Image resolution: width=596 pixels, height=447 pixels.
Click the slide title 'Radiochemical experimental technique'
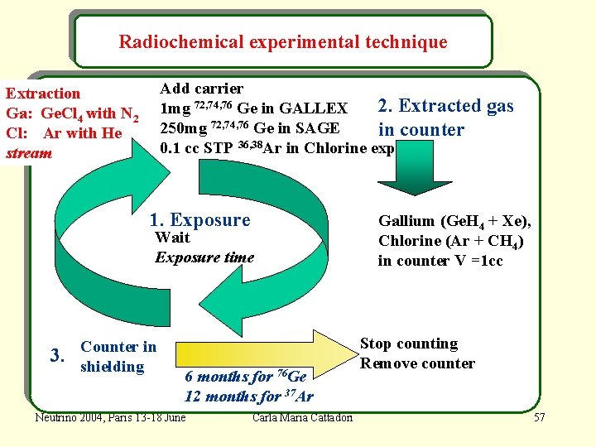click(x=283, y=41)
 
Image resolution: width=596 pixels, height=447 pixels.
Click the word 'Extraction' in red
click(x=43, y=94)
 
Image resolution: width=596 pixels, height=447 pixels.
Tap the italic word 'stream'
click(x=29, y=153)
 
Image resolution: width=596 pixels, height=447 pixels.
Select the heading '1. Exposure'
click(x=199, y=220)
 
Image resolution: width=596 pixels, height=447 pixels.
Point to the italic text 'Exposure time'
click(x=204, y=257)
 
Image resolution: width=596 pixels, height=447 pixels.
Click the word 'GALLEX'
click(x=314, y=108)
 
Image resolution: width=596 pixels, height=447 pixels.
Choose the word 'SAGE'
click(x=320, y=128)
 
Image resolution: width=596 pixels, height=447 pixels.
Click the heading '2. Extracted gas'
click(x=445, y=106)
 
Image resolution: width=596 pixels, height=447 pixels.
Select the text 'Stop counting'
click(x=409, y=344)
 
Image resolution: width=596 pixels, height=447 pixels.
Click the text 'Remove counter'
click(x=417, y=363)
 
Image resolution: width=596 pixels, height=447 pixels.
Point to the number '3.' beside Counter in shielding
click(x=58, y=357)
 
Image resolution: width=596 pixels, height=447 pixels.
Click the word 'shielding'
click(x=113, y=367)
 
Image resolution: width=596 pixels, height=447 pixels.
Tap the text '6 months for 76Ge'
click(x=246, y=376)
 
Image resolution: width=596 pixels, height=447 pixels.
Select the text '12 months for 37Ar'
click(x=248, y=396)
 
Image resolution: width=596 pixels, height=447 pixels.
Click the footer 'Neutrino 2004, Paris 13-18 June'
click(x=110, y=416)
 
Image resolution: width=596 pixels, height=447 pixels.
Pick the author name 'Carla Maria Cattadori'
click(x=303, y=416)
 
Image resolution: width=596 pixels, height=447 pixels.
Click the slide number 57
click(x=540, y=416)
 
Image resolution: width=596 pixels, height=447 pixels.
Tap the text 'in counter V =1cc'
click(x=440, y=261)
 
